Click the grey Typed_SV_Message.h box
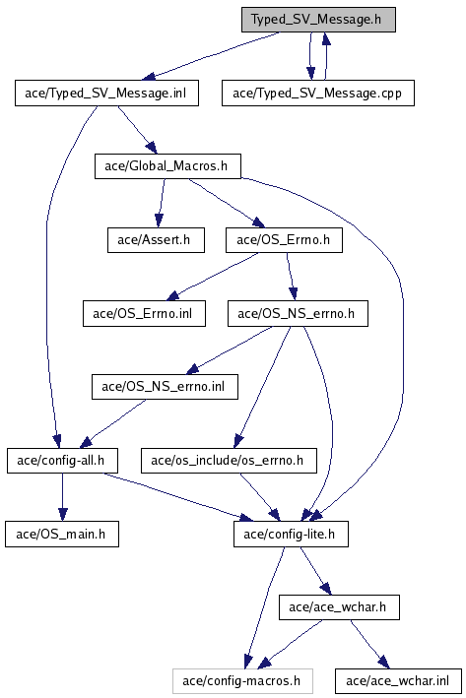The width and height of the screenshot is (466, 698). tap(318, 20)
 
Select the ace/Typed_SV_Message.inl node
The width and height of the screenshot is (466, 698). tap(106, 94)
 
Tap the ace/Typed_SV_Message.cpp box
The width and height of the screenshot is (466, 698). tap(318, 94)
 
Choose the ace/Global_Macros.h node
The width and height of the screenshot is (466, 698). tap(167, 166)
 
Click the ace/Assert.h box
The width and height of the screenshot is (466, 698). tap(156, 240)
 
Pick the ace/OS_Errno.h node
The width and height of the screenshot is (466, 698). tap(284, 240)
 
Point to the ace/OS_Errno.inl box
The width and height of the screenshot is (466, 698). tap(144, 313)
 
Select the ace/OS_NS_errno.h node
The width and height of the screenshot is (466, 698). tap(298, 313)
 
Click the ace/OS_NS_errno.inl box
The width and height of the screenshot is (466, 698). tap(165, 386)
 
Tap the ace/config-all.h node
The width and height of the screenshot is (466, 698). tap(62, 461)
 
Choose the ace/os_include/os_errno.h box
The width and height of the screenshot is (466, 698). tap(229, 461)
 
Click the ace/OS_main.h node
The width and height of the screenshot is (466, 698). tap(62, 534)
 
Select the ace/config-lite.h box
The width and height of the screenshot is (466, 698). tap(291, 534)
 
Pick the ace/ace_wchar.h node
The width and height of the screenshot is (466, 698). tap(339, 607)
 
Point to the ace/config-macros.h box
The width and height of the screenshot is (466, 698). tap(242, 680)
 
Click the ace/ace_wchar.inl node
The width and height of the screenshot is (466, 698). tap(398, 680)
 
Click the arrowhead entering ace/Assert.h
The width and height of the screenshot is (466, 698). tap(159, 221)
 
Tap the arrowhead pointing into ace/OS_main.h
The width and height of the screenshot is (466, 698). tap(62, 515)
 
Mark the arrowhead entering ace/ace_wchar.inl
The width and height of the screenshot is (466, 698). tap(383, 663)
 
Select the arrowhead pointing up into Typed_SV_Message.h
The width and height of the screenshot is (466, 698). tap(326, 39)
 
